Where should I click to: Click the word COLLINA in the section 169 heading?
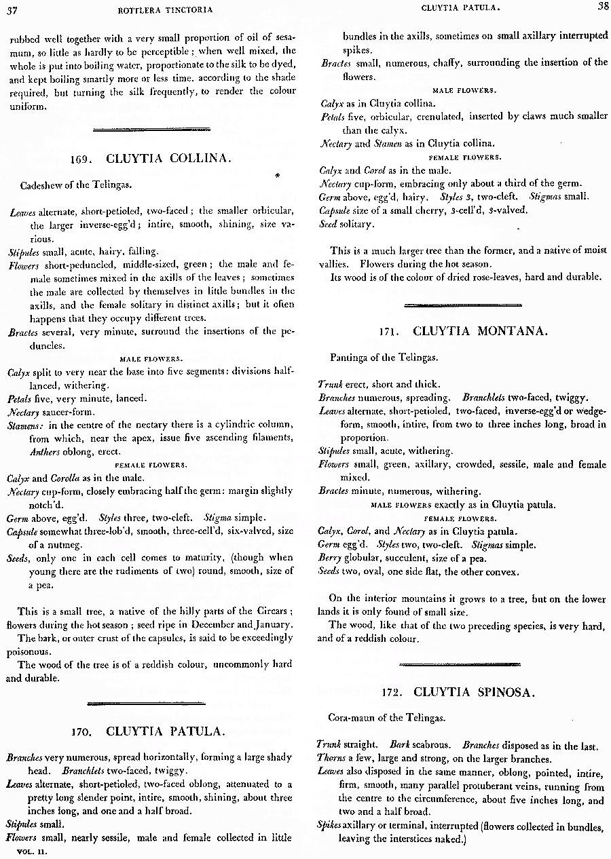pyautogui.click(x=202, y=159)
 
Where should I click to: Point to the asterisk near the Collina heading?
pyautogui.click(x=277, y=176)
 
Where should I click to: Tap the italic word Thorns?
pyautogui.click(x=331, y=759)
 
